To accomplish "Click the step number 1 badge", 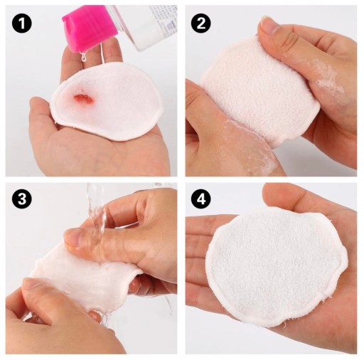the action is (22, 23).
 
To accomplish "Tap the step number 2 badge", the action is (201, 23).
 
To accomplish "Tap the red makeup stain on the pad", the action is (84, 98).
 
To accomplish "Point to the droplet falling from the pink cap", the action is (83, 58).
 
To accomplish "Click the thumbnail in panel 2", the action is (269, 26).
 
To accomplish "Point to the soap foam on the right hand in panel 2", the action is (326, 76).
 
